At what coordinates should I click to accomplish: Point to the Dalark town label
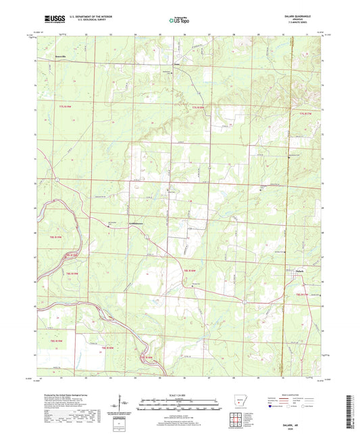[301, 272]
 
